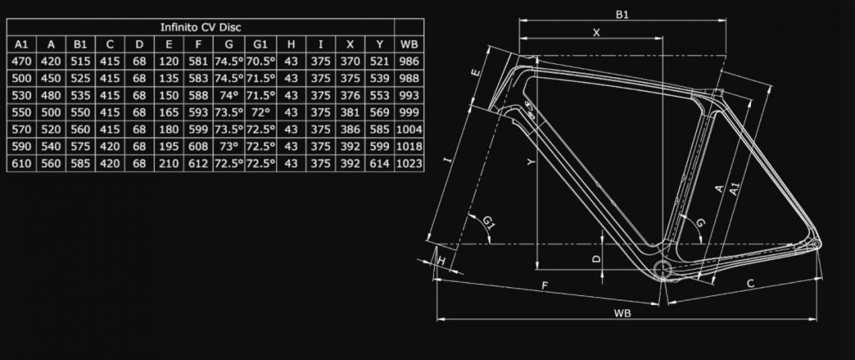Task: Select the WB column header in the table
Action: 410,44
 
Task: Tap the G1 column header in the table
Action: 261,44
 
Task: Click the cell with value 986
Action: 410,61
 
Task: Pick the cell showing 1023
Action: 410,164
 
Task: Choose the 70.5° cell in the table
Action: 261,61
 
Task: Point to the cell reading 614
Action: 380,164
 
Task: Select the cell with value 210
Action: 170,164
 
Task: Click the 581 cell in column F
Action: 199,61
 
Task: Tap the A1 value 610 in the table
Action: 21,164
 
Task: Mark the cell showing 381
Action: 351,113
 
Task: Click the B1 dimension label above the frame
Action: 622,14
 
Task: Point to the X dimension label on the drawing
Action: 596,32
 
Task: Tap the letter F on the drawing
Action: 544,286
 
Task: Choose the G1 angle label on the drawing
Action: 489,224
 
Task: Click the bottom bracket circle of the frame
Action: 663,268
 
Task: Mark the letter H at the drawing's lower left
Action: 442,261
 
